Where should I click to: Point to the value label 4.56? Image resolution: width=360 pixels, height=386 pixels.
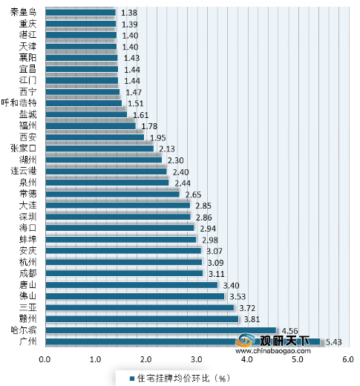(291, 330)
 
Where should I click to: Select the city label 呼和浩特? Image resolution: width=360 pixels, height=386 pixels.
(19, 102)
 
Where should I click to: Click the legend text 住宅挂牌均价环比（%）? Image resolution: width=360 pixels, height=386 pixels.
(177, 377)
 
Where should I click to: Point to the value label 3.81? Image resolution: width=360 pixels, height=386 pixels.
(253, 319)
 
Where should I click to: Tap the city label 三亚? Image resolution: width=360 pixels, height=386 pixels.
(28, 307)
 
